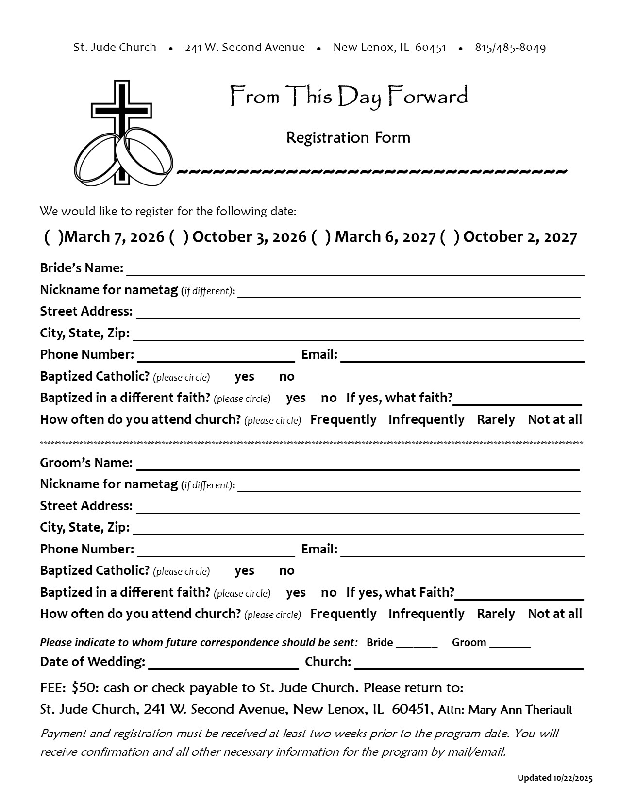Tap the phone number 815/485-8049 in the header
tap(510, 48)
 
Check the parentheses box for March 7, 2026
tap(53, 237)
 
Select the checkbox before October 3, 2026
tap(179, 237)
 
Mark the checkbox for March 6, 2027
tap(321, 237)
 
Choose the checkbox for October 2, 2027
tap(450, 237)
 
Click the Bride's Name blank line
tap(354, 270)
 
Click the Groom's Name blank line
tap(357, 465)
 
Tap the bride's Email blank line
tap(462, 356)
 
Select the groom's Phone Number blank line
tap(216, 551)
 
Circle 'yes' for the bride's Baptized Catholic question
tap(244, 377)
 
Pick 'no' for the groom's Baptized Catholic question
tap(286, 571)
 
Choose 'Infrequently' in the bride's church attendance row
tap(426, 420)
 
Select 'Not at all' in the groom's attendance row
tap(554, 614)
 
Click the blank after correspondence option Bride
tap(417, 644)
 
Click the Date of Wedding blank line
tap(223, 664)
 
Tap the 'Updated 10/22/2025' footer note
tap(554, 778)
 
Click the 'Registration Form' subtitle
tap(348, 138)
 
